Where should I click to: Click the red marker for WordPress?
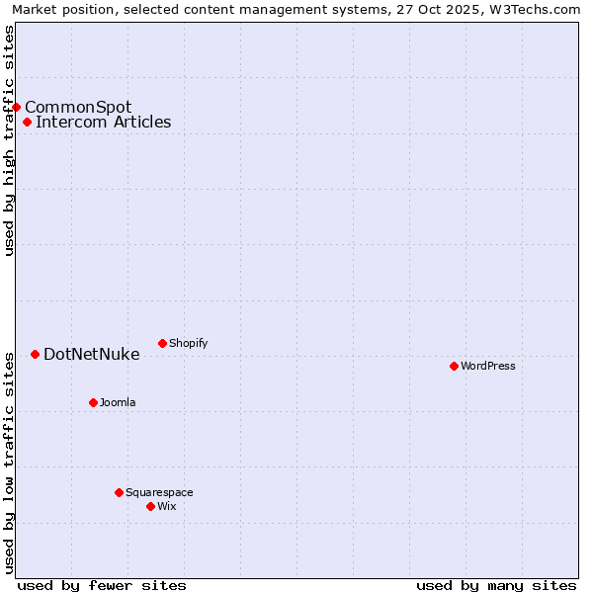click(454, 366)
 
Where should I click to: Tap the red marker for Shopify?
click(162, 343)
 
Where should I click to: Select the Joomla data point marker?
click(93, 402)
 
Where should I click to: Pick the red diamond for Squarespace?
click(119, 492)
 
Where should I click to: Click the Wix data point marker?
click(150, 506)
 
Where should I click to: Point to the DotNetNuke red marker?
click(35, 354)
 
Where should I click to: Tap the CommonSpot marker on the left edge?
click(17, 107)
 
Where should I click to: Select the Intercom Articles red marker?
click(27, 123)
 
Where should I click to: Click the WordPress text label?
click(488, 366)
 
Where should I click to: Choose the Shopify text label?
click(188, 343)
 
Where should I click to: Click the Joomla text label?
click(118, 402)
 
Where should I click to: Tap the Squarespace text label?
click(159, 492)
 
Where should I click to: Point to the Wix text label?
click(166, 506)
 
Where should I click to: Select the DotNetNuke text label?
click(91, 354)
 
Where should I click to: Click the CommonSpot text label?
click(78, 107)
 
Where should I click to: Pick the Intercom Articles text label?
click(103, 123)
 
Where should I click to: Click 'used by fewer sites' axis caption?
click(102, 585)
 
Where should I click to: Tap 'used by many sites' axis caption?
click(496, 585)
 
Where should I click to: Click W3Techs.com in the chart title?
click(532, 9)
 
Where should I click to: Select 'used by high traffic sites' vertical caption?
click(9, 140)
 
